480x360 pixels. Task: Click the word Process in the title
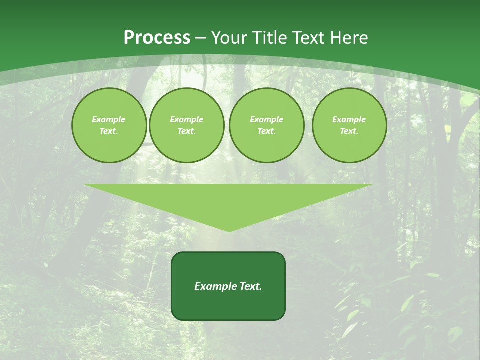(157, 37)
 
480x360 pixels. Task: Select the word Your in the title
(229, 37)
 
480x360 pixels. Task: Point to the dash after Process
(200, 38)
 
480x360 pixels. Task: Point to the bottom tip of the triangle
(228, 231)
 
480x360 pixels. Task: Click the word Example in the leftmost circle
(109, 119)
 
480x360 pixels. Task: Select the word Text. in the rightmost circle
(349, 131)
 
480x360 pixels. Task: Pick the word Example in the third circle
(266, 119)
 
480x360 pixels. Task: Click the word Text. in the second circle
(186, 131)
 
